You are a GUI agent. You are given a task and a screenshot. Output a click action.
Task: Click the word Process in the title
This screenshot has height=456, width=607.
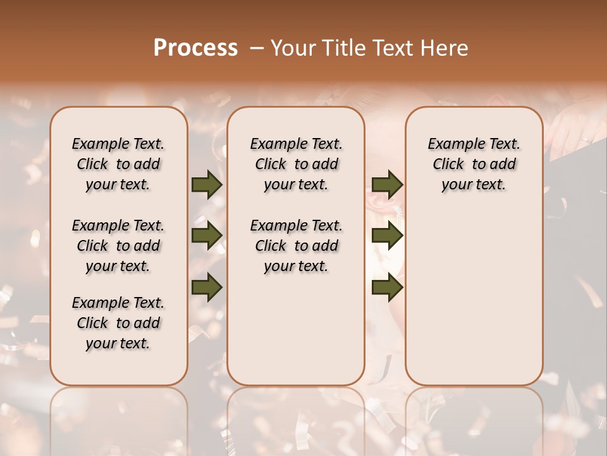point(195,47)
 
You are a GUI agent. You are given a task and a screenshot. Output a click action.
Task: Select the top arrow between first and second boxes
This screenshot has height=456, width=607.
point(207,184)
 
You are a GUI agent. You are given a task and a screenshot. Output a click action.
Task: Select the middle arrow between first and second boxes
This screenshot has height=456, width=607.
point(207,236)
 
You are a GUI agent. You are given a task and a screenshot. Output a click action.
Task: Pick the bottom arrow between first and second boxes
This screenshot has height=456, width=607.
point(207,287)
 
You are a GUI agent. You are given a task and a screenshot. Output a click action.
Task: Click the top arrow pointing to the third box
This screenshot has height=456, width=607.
point(387,184)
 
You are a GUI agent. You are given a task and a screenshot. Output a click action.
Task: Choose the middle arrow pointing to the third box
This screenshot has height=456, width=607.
point(387,236)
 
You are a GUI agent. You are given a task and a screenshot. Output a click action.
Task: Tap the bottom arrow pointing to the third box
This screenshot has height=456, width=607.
point(387,287)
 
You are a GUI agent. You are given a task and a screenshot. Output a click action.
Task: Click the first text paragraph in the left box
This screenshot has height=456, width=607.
point(118,164)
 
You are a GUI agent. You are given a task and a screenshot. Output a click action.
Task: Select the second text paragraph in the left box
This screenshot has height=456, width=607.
point(118,246)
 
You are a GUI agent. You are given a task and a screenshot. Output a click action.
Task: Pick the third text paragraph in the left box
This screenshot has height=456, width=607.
point(118,323)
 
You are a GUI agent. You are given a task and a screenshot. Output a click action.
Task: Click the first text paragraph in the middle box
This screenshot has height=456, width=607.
point(296,164)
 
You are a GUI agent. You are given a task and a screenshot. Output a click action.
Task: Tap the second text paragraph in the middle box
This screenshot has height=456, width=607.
point(296,246)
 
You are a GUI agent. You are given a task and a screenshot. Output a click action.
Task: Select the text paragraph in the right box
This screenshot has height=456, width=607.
point(474,164)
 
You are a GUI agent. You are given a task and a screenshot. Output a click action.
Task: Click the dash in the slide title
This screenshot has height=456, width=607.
point(257,48)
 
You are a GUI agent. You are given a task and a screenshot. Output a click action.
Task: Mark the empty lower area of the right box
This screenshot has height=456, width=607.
point(474,298)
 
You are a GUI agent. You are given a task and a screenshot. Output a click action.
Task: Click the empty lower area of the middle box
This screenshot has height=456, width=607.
point(296,329)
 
